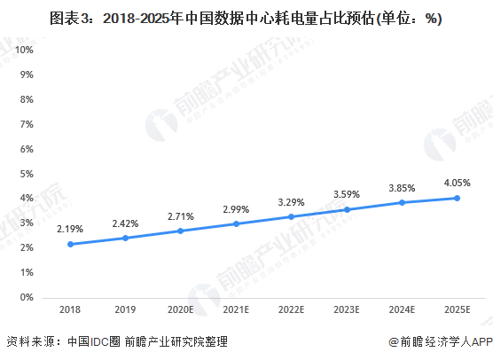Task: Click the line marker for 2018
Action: [70, 244]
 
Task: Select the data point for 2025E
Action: [458, 198]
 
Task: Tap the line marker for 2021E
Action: [236, 223]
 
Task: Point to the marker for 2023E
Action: [347, 209]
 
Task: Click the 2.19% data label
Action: [70, 229]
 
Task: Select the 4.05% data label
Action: [458, 183]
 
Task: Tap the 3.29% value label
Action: [291, 201]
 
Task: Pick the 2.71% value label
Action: [181, 215]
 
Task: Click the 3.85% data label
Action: [402, 188]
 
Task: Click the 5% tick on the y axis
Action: [27, 174]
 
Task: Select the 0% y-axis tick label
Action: [27, 298]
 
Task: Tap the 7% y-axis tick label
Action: [27, 124]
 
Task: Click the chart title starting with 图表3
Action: [246, 18]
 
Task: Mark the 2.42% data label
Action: [125, 223]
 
